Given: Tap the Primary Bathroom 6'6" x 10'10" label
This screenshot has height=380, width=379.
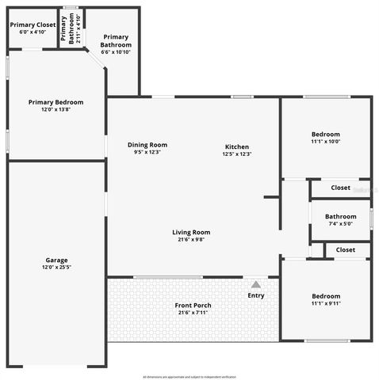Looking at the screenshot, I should pos(116,40).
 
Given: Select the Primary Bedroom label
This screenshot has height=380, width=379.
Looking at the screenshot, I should pos(56,102).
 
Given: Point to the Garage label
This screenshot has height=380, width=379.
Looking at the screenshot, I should pos(56,260).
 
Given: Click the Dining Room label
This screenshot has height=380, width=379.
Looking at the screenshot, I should pos(147,145).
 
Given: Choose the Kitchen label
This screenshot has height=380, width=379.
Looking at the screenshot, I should pos(237,147).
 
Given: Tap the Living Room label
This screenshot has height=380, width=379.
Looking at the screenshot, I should pos(191,232).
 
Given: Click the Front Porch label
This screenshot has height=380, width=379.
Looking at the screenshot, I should pos(194,306).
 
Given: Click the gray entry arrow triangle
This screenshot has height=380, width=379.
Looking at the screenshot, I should pos(255,284).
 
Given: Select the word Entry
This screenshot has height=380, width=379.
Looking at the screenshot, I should pos(256,296).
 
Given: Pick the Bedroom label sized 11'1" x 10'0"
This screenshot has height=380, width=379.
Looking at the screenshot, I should pos(325,135).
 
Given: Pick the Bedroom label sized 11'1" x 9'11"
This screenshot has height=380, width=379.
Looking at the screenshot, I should pos(325,296).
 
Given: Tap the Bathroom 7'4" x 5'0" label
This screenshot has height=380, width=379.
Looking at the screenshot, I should pos(340,216).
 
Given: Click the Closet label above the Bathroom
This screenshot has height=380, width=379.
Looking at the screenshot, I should pos(340,188).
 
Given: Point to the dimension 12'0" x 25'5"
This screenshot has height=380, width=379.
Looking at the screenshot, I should pos(56,268).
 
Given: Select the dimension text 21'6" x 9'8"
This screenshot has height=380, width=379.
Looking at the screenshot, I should pos(191,239).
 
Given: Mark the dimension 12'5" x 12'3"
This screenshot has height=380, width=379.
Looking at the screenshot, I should pos(237,154).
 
